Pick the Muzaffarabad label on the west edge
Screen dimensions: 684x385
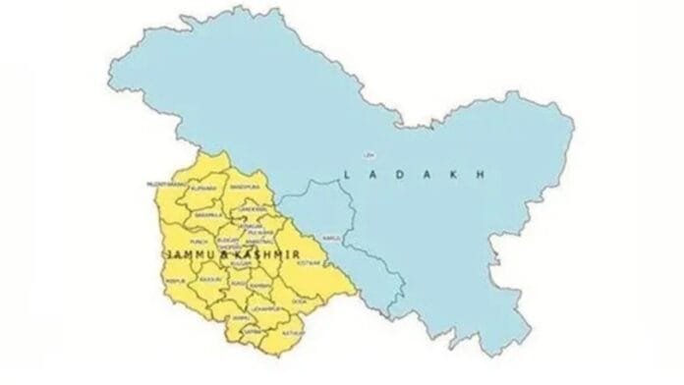[164, 183]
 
